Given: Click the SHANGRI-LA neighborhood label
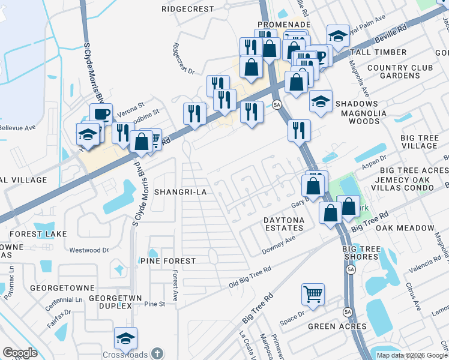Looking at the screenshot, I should [x=180, y=192].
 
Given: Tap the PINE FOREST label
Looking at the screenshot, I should [x=167, y=261].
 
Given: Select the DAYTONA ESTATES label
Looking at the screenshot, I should [x=284, y=224].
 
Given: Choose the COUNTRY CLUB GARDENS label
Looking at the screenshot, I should [x=400, y=71].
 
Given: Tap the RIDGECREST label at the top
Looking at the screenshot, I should [x=188, y=9].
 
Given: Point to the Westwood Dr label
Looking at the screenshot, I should [x=89, y=250].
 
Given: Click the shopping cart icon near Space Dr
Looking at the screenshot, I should [x=313, y=294].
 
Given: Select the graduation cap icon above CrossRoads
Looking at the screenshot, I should [x=125, y=338].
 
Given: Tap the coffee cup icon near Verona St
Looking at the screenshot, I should [x=101, y=113].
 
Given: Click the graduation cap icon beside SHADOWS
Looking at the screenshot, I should [x=321, y=100].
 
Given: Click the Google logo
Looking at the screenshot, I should [x=20, y=353].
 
